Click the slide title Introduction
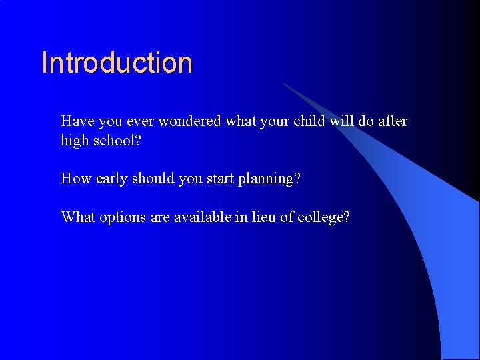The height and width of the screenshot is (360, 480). pyautogui.click(x=117, y=63)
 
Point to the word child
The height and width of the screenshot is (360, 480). pyautogui.click(x=307, y=121)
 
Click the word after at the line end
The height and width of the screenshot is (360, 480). pyautogui.click(x=392, y=121)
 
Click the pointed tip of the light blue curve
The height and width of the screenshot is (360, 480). pyautogui.click(x=284, y=84)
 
